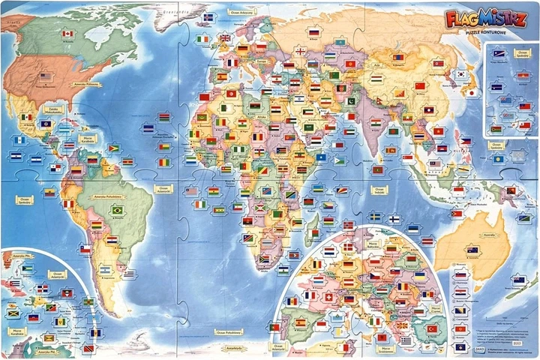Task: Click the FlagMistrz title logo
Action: click(485, 16)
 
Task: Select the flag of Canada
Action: click(68, 34)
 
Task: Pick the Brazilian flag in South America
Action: click(116, 211)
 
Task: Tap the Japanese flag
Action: click(471, 93)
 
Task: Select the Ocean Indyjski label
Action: click(379, 190)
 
